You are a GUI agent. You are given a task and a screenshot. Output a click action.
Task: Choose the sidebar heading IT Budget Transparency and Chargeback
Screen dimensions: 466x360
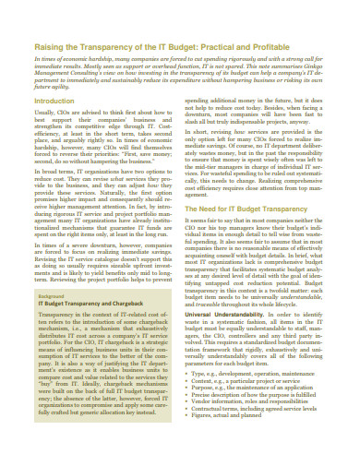click(95, 329)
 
